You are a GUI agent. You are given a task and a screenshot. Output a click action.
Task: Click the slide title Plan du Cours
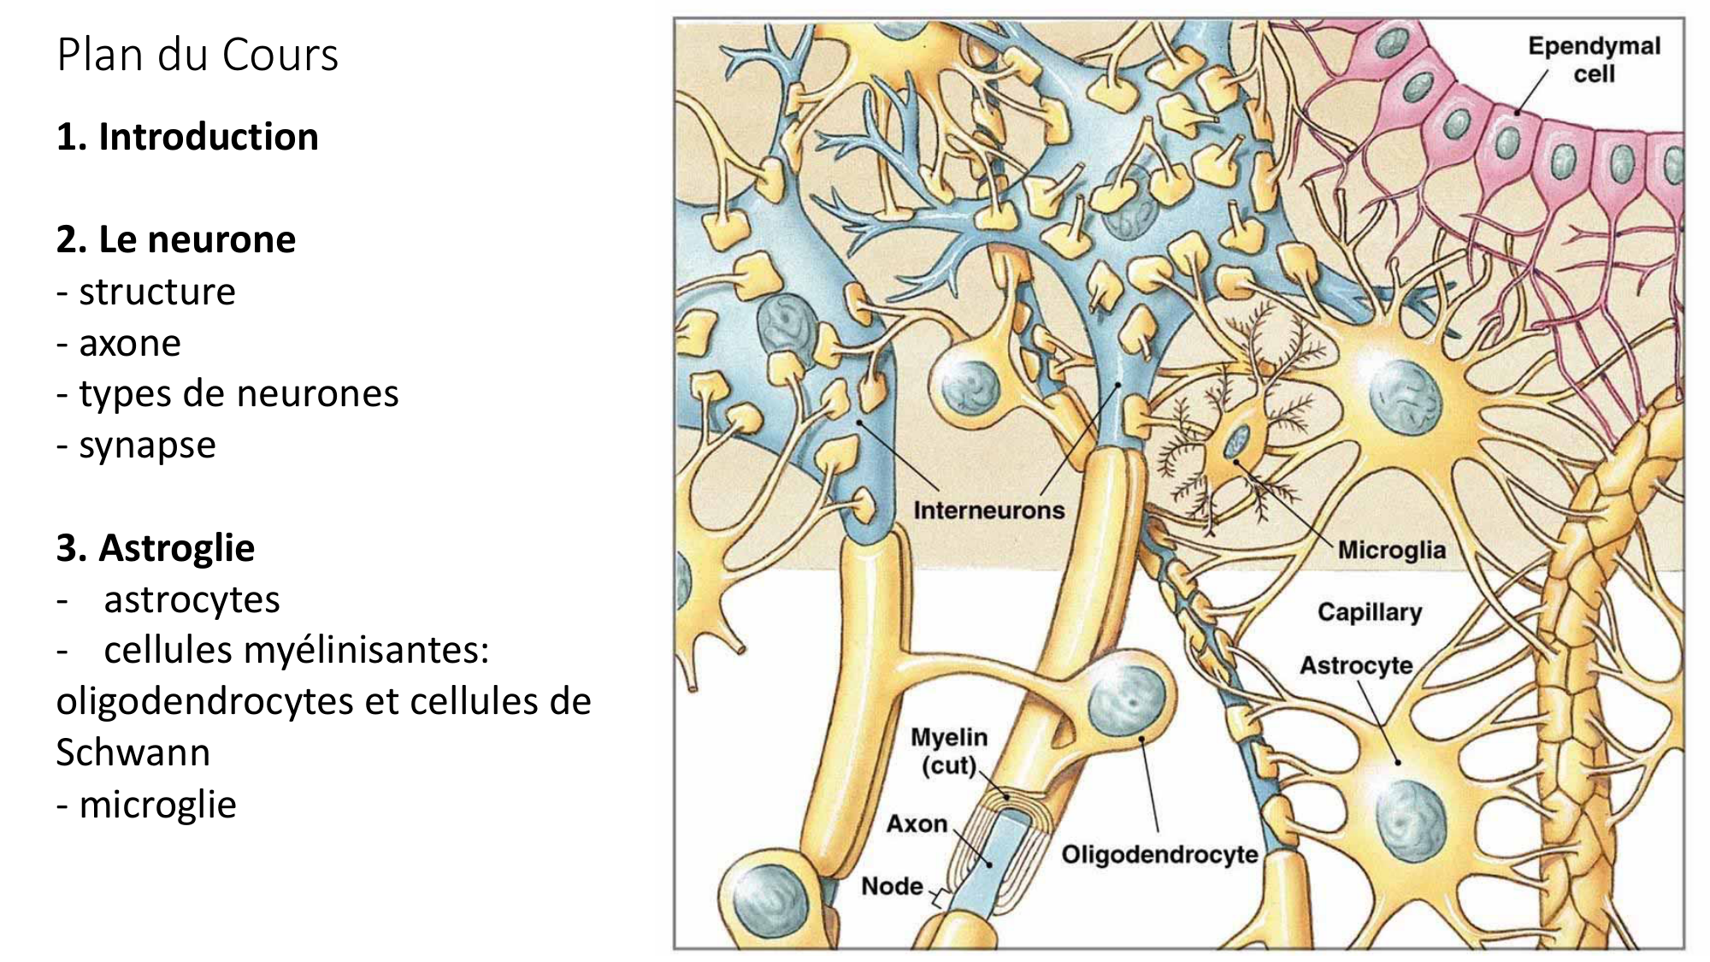click(x=198, y=55)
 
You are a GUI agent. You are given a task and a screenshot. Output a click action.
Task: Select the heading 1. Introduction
click(x=187, y=137)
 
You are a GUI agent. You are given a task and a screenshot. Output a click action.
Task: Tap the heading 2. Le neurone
click(x=176, y=239)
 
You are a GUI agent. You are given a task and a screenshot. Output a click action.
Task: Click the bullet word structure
click(x=156, y=292)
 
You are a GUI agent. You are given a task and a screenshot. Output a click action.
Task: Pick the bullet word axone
click(x=130, y=343)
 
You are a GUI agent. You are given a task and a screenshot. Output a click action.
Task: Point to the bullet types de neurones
click(x=239, y=393)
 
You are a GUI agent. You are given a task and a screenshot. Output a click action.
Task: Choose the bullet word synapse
click(x=147, y=445)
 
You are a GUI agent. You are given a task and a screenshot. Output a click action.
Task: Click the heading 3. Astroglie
click(x=156, y=548)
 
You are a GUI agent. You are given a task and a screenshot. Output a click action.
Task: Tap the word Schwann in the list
click(x=133, y=752)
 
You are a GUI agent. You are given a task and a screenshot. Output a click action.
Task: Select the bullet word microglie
click(x=157, y=805)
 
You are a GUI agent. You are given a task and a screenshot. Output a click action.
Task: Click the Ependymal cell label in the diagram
click(x=1594, y=59)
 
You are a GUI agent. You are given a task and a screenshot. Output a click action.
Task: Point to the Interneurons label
click(x=988, y=511)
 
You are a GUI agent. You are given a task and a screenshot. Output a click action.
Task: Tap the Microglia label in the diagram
click(x=1391, y=550)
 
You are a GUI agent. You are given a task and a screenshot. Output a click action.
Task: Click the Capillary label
click(x=1369, y=612)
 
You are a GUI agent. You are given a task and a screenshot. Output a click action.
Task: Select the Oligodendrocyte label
click(x=1159, y=853)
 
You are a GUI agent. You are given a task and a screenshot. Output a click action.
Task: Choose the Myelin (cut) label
click(x=949, y=750)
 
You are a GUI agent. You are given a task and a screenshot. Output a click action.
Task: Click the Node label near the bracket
click(x=892, y=886)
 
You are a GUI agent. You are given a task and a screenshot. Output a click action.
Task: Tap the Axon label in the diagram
click(x=917, y=823)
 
